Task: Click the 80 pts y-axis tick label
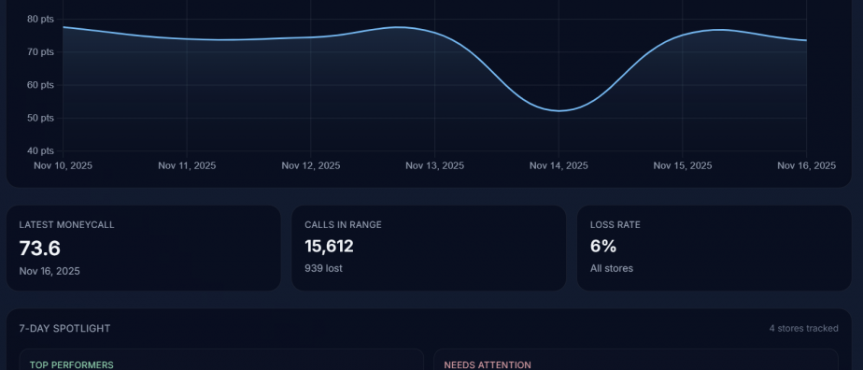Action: tap(40, 19)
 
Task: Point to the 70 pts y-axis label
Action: tap(40, 51)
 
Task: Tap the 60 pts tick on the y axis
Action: tap(40, 85)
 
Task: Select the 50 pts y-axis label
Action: tap(40, 118)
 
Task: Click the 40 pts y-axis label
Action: tap(40, 150)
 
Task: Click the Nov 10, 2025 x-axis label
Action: tap(63, 165)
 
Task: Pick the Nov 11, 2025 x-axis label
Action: tap(187, 165)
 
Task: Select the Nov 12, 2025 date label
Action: tap(311, 165)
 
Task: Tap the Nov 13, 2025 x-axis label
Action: tap(434, 165)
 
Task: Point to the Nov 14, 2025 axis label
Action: tap(559, 165)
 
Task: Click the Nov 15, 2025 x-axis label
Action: tap(683, 165)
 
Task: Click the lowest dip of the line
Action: tap(559, 111)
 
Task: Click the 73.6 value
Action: tap(39, 248)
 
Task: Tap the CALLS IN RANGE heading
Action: tap(343, 225)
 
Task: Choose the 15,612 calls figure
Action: tap(329, 248)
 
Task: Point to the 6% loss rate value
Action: tap(602, 248)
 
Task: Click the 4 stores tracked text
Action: tap(803, 329)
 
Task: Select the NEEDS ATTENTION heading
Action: tap(488, 364)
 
